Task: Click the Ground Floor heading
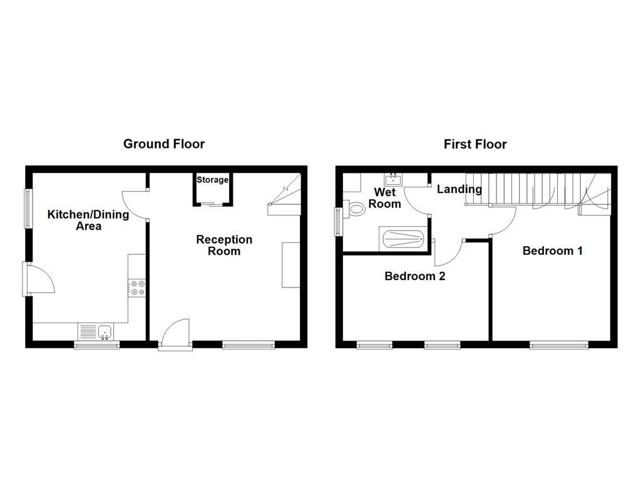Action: tap(164, 144)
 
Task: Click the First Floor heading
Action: tap(475, 144)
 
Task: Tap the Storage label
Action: tap(213, 180)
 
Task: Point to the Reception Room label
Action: tap(224, 245)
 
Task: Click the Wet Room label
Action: tap(384, 197)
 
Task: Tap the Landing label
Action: tap(459, 189)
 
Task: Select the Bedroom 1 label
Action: tap(553, 251)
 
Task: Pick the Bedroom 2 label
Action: tap(414, 276)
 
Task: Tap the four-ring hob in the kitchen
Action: tap(137, 287)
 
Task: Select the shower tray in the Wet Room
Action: tap(403, 239)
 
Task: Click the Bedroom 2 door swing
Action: tap(448, 253)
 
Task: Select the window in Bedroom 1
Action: tap(558, 344)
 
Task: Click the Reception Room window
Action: tap(249, 344)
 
